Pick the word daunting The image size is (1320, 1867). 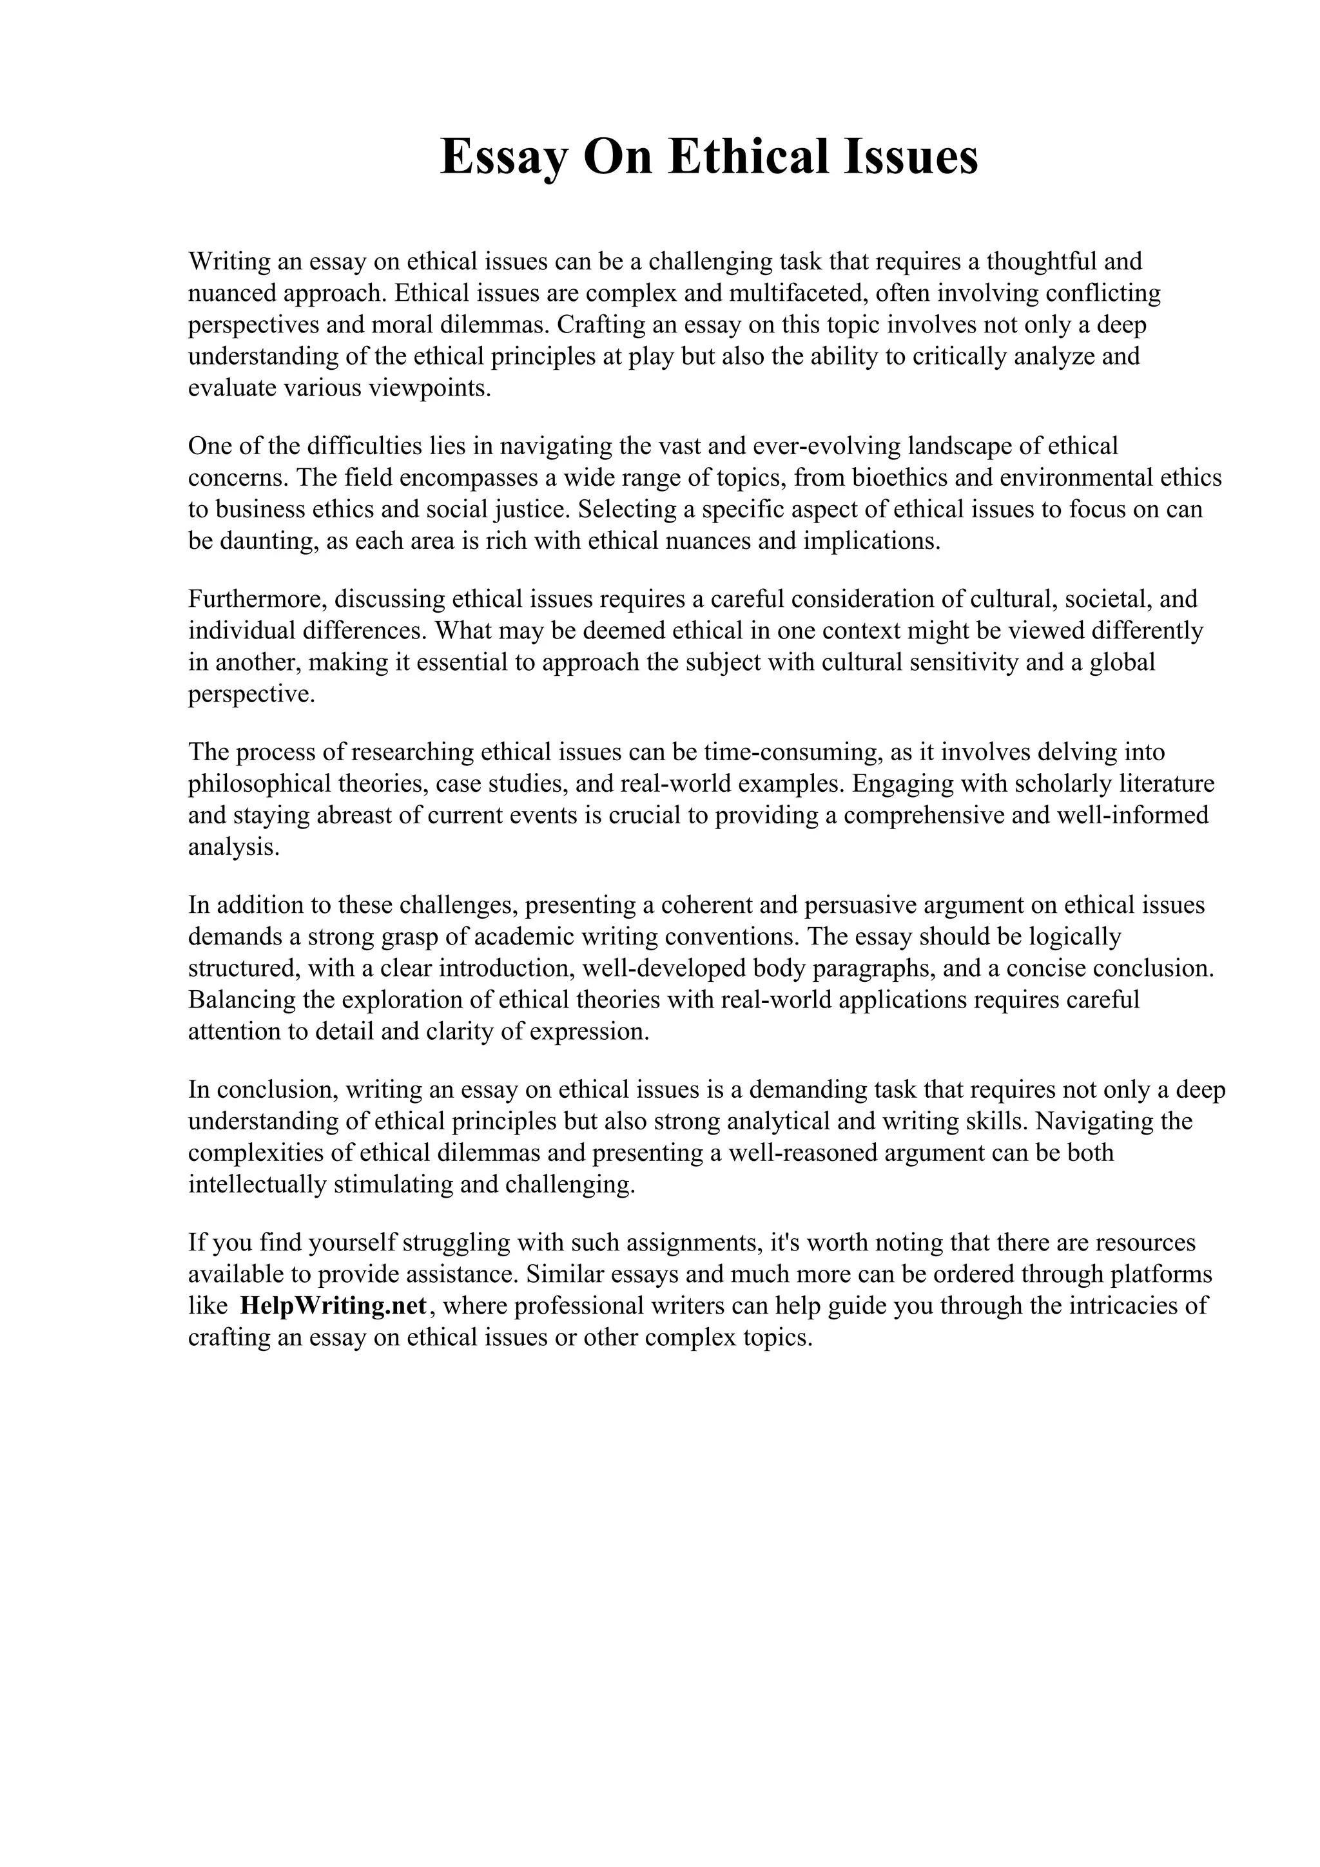[266, 541]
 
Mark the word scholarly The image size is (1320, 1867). [1064, 784]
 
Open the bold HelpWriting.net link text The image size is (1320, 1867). [333, 1307]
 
